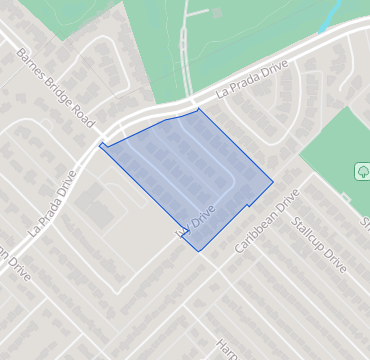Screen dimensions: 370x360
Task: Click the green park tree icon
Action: point(361,172)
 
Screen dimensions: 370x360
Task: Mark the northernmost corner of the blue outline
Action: point(199,109)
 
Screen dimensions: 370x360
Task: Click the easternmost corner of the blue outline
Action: point(273,182)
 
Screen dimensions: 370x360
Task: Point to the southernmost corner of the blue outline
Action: point(200,250)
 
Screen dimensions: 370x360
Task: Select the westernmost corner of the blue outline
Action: point(100,146)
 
